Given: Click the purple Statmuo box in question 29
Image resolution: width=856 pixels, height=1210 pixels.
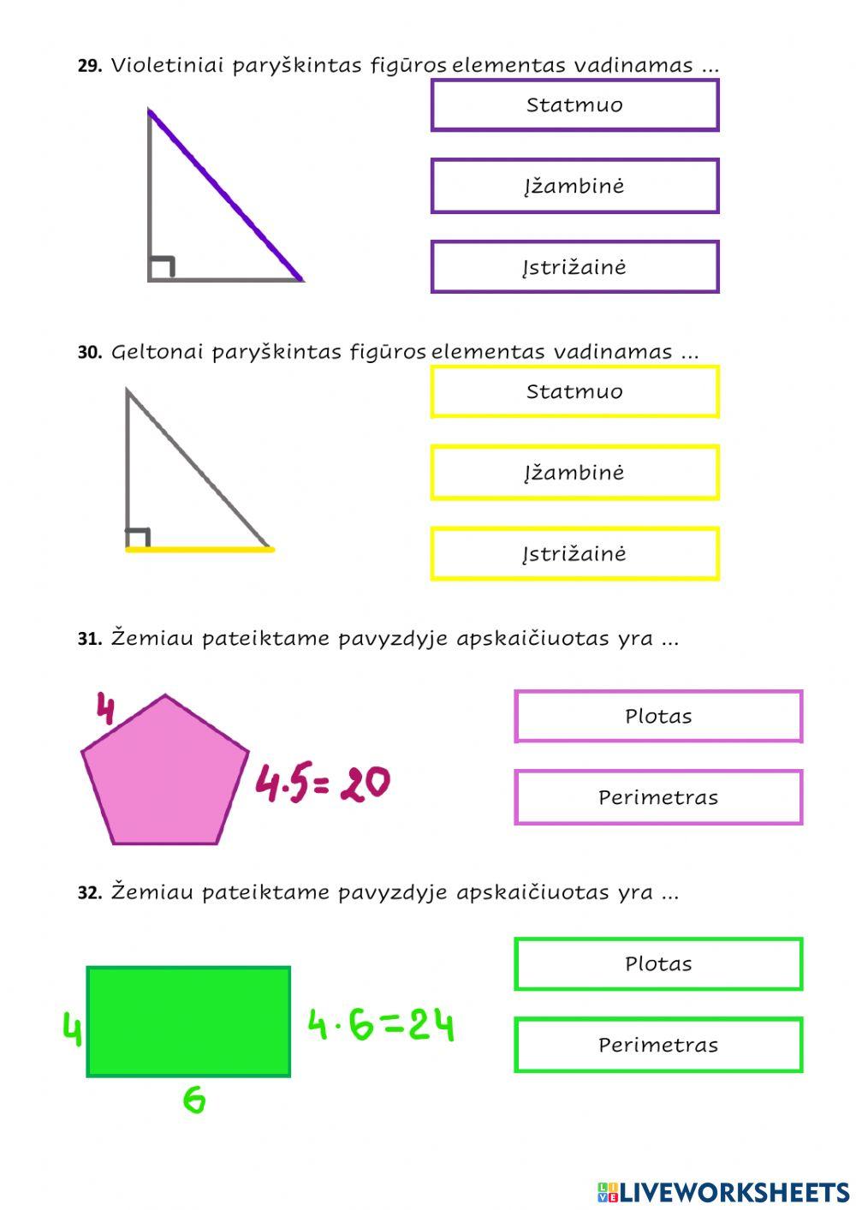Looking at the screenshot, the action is pos(574,105).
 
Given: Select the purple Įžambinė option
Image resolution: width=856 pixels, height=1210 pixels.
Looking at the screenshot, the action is pos(574,186).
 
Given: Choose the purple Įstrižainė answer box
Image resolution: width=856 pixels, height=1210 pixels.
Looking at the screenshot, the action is pos(574,267).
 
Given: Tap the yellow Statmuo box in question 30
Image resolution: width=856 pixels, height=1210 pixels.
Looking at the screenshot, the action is pos(574,392).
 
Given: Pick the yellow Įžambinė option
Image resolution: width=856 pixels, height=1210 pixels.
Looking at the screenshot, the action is pos(574,473).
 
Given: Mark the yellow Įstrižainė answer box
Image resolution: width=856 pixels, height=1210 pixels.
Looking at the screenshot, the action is pos(574,554).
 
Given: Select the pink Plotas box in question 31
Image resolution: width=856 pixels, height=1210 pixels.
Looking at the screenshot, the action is pos(658,716).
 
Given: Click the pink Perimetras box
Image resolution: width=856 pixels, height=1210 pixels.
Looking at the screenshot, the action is pos(658,797).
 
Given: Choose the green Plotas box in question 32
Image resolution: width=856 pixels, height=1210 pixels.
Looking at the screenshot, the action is pos(658,963).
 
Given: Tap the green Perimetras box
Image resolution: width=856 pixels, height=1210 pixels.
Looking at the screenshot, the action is pos(658,1045).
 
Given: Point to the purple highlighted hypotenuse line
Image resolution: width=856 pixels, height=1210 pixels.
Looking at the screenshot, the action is pos(226,195).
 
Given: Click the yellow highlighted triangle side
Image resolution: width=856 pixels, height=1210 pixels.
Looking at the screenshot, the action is pos(199,550).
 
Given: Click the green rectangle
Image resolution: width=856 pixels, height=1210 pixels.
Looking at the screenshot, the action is pos(188,1022).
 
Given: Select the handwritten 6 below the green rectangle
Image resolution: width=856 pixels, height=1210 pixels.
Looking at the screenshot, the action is pos(194,1099).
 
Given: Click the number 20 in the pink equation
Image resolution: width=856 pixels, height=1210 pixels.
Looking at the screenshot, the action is pos(365,784).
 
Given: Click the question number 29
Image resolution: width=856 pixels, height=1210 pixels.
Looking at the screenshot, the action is pos(90,66).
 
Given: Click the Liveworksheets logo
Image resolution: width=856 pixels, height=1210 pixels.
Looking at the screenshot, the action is pos(723,1191).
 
